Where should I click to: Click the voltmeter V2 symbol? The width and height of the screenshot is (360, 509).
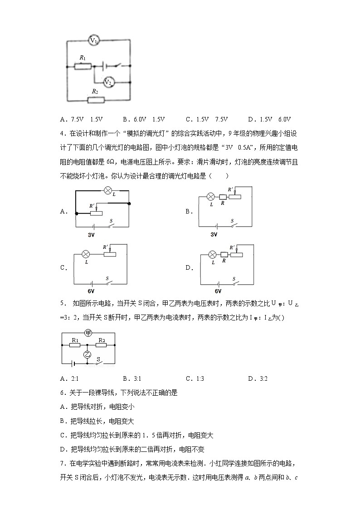coord(108,82)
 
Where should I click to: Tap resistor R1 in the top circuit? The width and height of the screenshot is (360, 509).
coord(83,67)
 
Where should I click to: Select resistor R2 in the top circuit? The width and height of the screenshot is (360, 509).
coord(95,100)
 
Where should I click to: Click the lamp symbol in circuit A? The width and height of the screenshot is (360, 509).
coord(108,191)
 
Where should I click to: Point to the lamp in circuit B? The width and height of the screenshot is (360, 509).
coord(211,197)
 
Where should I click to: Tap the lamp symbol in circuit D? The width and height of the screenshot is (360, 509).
coord(212,255)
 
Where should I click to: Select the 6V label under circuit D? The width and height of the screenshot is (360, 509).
coord(218,291)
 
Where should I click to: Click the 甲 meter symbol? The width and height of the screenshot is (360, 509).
coord(88,333)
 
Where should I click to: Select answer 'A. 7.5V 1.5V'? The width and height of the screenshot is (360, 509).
coord(81,120)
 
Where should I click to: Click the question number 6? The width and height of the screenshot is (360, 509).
coord(62,393)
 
